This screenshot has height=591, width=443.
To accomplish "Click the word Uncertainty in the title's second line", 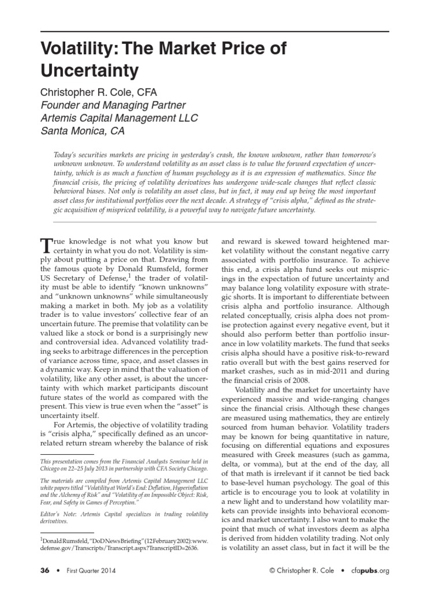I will tap(89, 70).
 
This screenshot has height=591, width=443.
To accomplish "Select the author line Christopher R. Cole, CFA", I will tap(98, 92).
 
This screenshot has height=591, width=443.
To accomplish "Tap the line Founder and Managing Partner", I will tap(112, 106).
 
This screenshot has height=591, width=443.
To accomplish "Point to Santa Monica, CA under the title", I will tap(82, 131).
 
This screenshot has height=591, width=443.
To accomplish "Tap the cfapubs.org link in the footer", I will tap(371, 571).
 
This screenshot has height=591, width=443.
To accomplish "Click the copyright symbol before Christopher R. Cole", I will tap(272, 571).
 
